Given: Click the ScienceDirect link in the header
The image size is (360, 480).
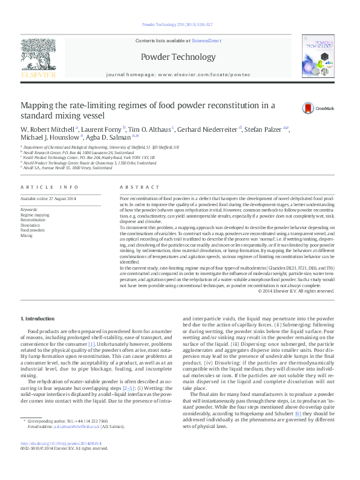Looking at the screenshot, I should [206, 41].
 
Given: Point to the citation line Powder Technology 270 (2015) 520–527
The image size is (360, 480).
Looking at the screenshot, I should [177, 25].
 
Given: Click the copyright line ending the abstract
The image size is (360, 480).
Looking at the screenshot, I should [296, 291].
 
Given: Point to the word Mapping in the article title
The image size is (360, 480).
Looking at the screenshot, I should [38, 105].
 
